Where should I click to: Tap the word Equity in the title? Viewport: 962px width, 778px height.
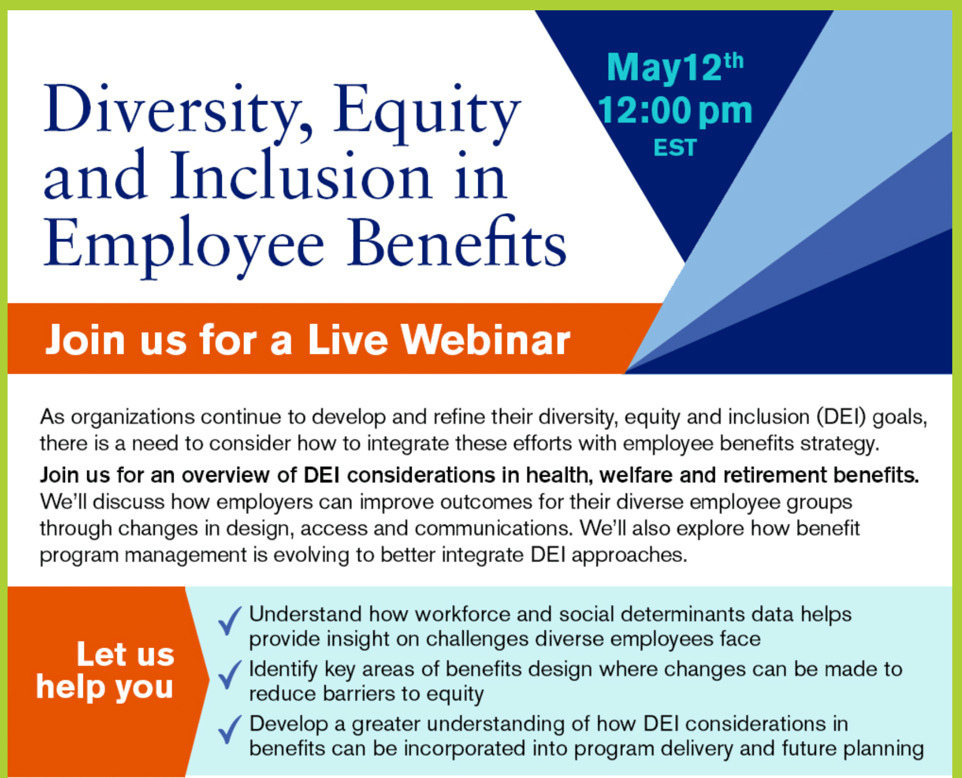[x=427, y=114]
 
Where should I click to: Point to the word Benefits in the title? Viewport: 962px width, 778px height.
[x=457, y=241]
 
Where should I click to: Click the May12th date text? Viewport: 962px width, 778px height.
[x=675, y=68]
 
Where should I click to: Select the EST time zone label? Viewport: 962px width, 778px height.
[x=675, y=148]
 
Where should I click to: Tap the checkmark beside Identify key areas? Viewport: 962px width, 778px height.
[x=229, y=674]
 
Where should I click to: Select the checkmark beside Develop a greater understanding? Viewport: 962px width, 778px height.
[x=229, y=729]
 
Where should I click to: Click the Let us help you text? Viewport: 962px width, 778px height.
[x=106, y=671]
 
